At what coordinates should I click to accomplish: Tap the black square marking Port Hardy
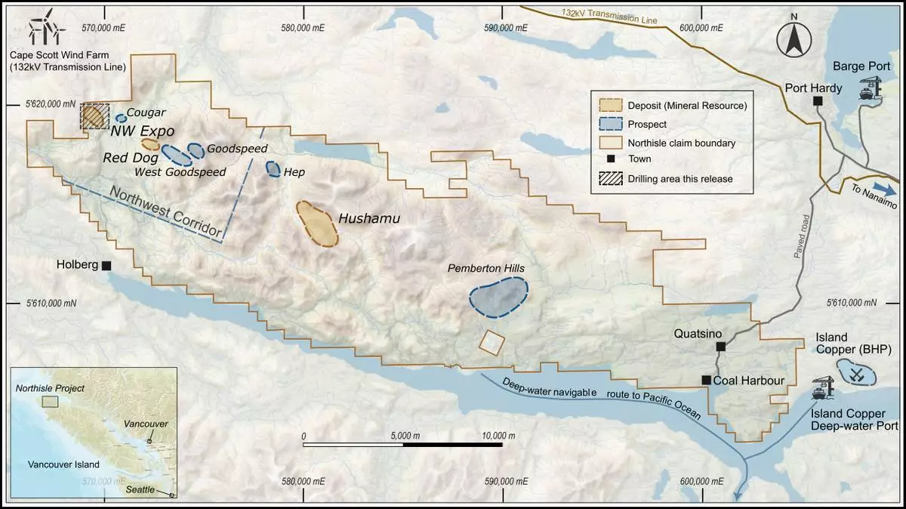pos(817,101)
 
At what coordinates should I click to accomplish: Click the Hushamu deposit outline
pos(316,224)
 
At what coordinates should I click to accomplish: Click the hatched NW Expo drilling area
pos(94,116)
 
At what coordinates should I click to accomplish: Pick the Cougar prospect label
pos(146,113)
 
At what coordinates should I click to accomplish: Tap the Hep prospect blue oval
pos(273,169)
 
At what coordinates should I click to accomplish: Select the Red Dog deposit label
pos(130,159)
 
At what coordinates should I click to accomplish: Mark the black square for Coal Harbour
pos(706,381)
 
